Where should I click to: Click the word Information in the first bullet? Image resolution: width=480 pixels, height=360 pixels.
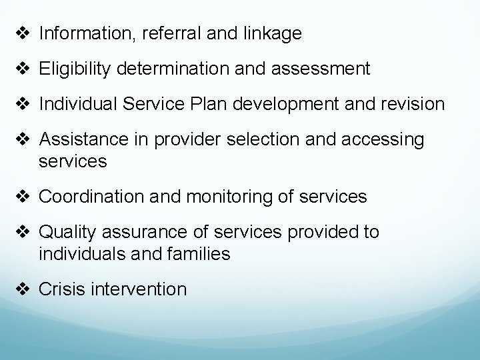81,33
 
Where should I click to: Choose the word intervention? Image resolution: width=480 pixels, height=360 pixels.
141,289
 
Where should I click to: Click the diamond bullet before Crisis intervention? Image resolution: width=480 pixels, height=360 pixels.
24,289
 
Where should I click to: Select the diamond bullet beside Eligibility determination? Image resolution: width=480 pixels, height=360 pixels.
24,69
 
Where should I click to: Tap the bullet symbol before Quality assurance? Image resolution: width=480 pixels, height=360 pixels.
24,232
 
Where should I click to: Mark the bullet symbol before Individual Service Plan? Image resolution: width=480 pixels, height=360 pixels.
24,104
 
